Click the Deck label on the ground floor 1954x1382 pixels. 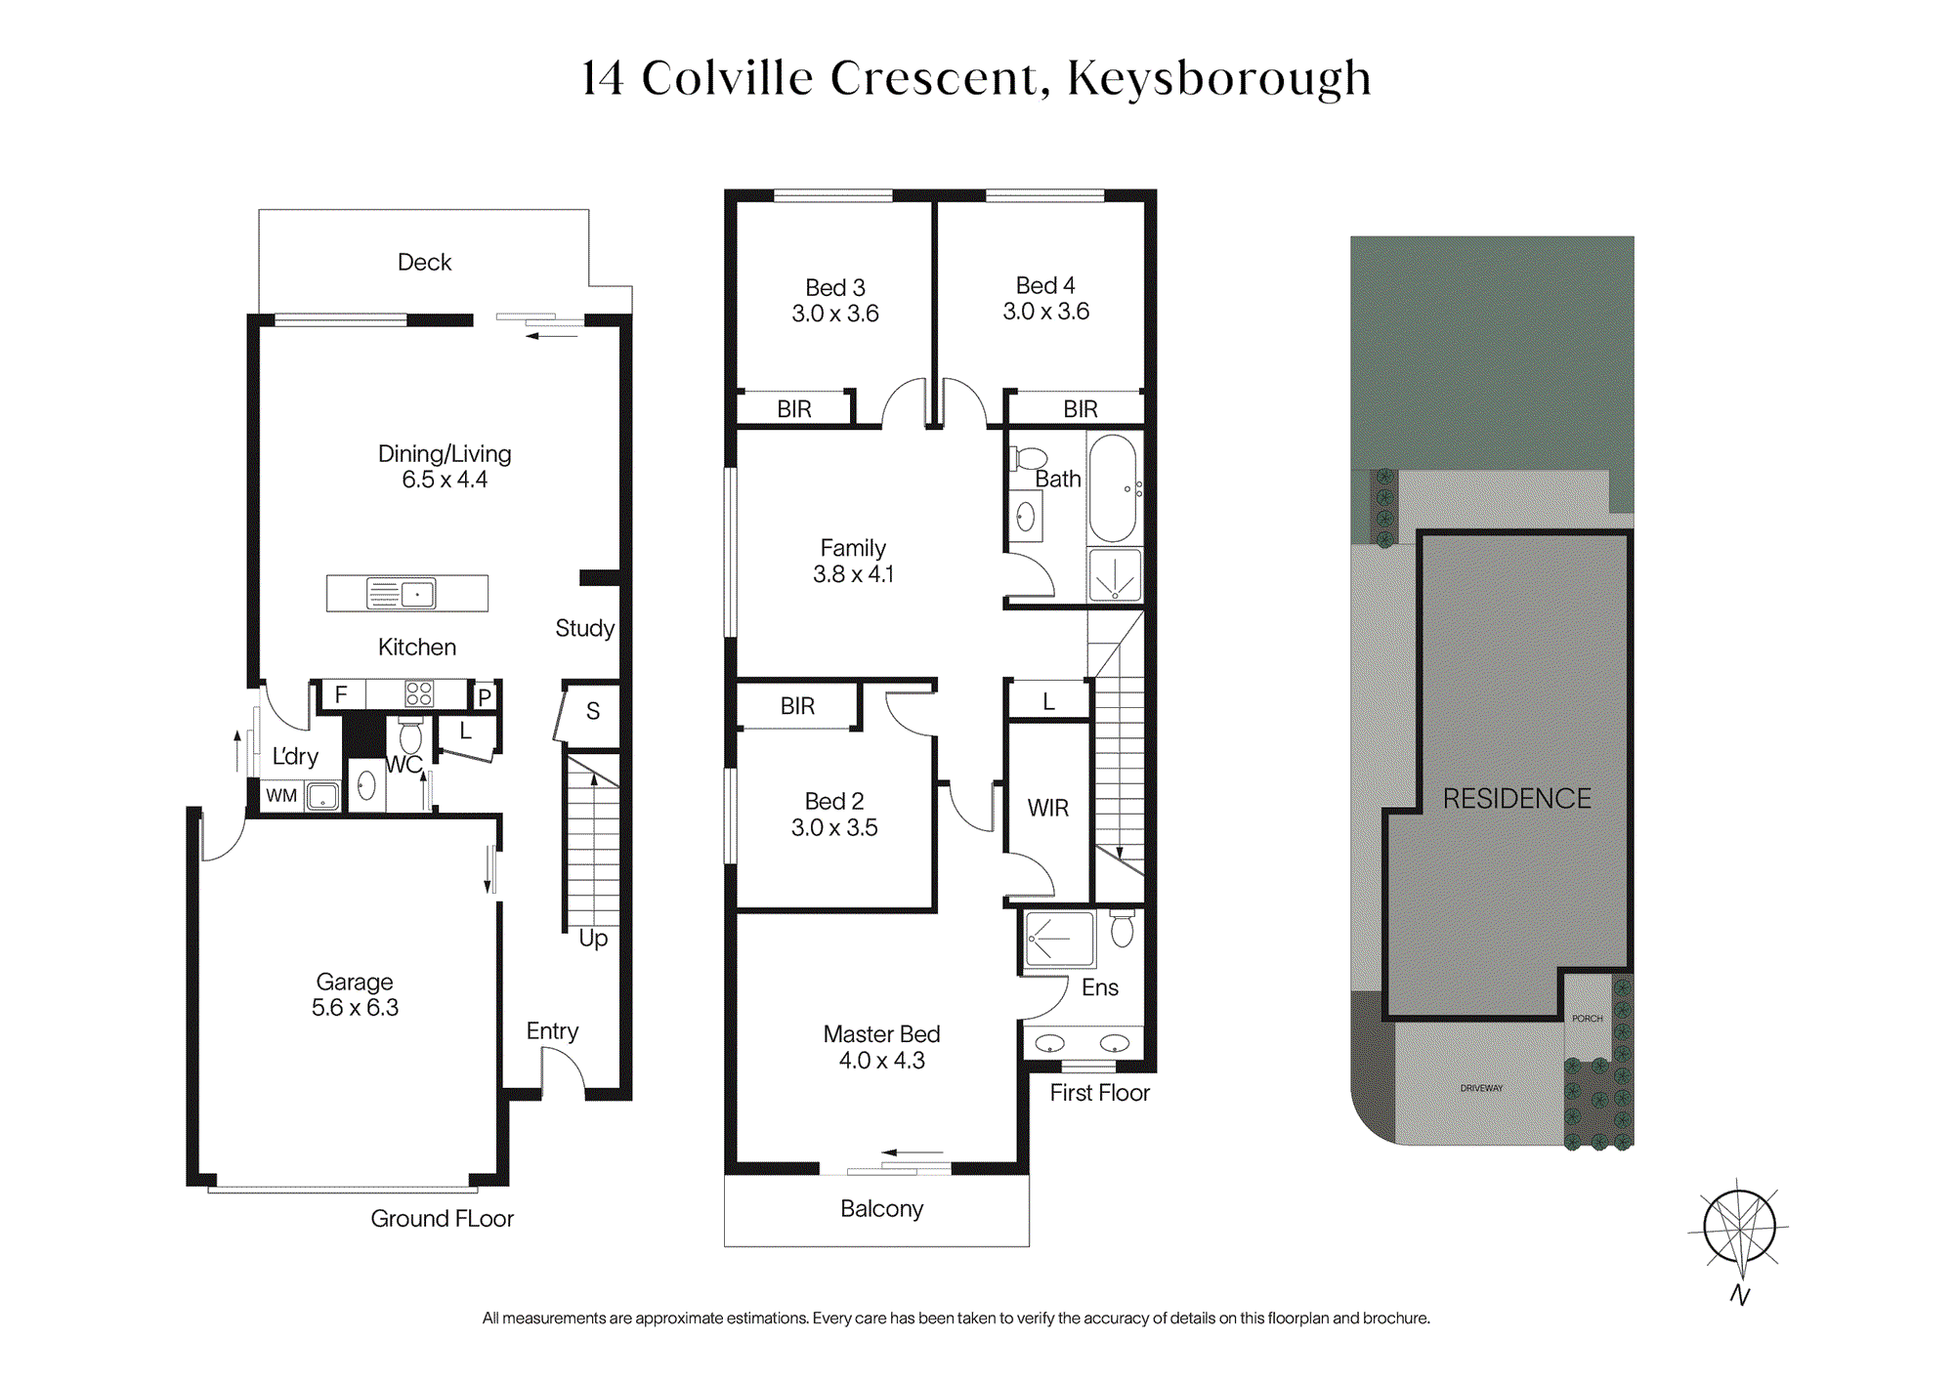pyautogui.click(x=424, y=262)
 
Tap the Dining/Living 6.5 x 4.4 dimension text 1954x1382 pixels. pyautogui.click(x=445, y=480)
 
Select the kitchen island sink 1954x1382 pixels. pyautogui.click(x=401, y=593)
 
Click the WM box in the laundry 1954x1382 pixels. pyautogui.click(x=281, y=795)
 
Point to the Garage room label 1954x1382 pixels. pyautogui.click(x=355, y=982)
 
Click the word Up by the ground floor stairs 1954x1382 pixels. pyautogui.click(x=593, y=939)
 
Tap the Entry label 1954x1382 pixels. pyautogui.click(x=552, y=1031)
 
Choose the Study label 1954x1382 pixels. pyautogui.click(x=584, y=628)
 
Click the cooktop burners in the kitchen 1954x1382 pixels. pyautogui.click(x=419, y=693)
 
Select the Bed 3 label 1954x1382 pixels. pyautogui.click(x=835, y=287)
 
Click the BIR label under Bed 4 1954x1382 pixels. pyautogui.click(x=1081, y=409)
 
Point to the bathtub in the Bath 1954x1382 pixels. pyautogui.click(x=1113, y=488)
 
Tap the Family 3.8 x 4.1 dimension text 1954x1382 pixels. pyautogui.click(x=854, y=574)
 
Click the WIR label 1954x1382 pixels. pyautogui.click(x=1048, y=808)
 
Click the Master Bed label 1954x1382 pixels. pyautogui.click(x=881, y=1034)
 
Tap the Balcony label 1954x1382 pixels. pyautogui.click(x=881, y=1209)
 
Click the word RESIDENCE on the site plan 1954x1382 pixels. pyautogui.click(x=1517, y=799)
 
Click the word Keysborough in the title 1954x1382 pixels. pyautogui.click(x=1219, y=78)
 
